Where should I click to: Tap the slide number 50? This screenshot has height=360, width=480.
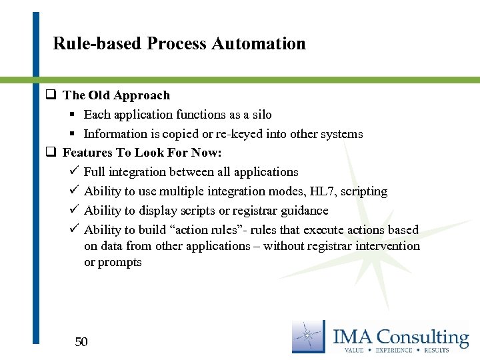coord(81,342)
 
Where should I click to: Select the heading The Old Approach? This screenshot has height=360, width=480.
coord(116,95)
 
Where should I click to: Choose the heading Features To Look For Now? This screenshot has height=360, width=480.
coord(133,153)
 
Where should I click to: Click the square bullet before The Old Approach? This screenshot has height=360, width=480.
coord(50,95)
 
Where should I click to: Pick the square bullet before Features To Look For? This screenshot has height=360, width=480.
coord(50,153)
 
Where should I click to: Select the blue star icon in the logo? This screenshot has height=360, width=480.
coord(308,337)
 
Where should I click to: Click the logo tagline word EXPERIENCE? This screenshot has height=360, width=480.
coord(395,350)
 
